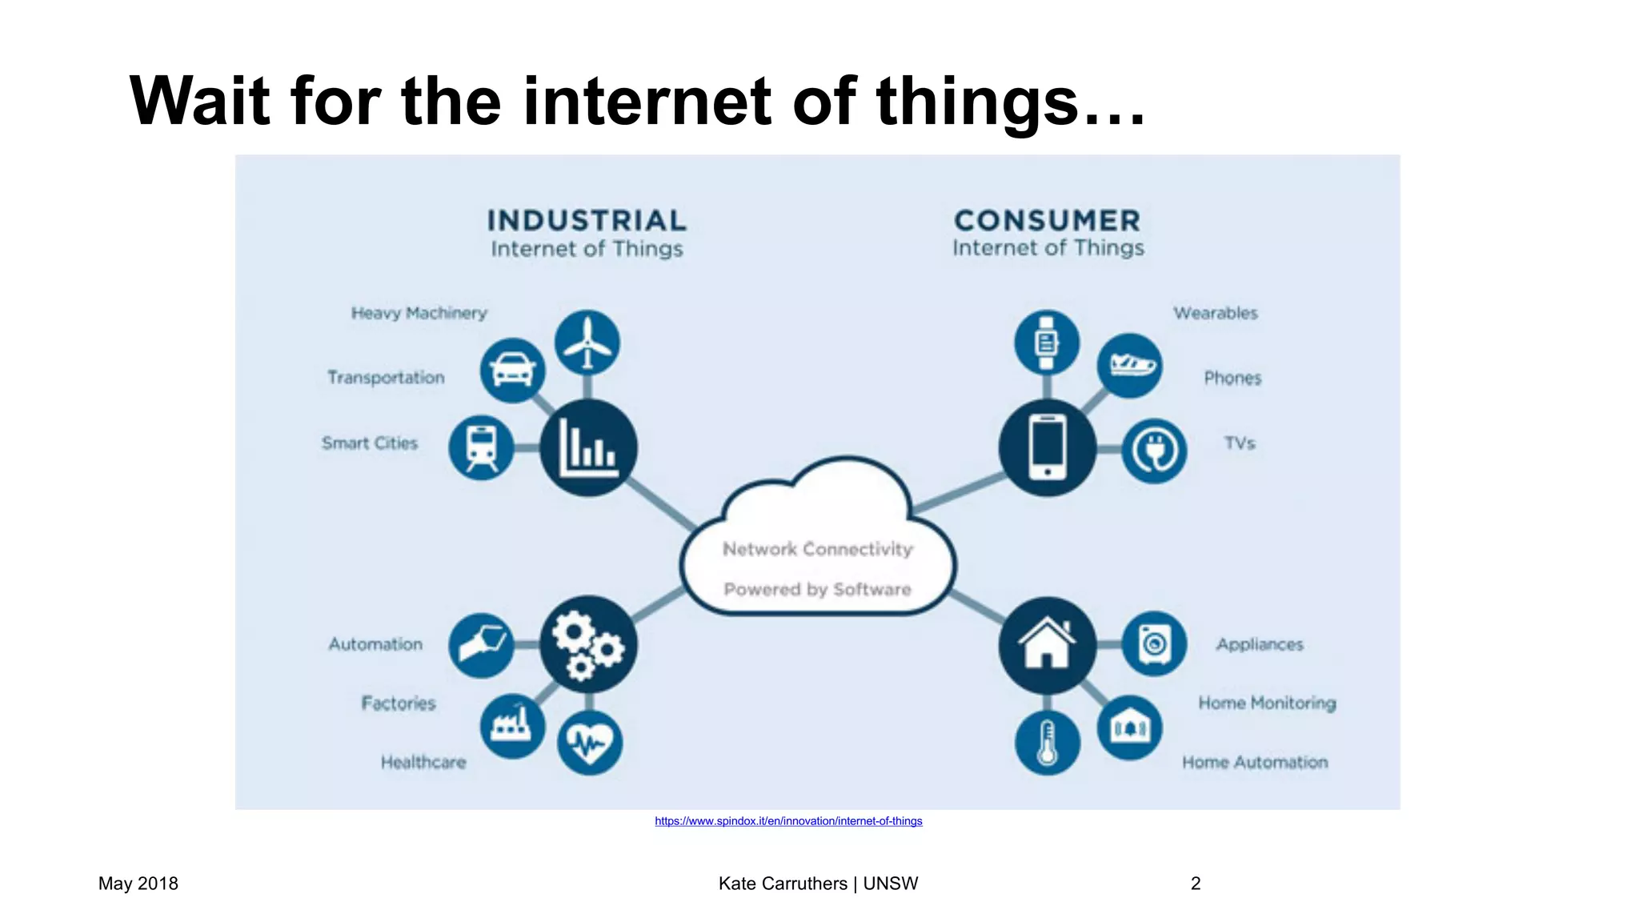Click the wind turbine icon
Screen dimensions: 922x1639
point(587,343)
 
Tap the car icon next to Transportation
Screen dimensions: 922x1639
point(512,371)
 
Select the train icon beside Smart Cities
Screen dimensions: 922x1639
point(481,447)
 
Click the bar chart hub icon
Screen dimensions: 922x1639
point(588,447)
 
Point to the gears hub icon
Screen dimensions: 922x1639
point(588,644)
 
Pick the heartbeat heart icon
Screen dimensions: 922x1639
point(590,743)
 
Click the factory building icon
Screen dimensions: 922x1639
point(512,726)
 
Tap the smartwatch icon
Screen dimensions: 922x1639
point(1047,343)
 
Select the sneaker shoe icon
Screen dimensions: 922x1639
point(1130,366)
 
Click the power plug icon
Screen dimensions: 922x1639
point(1154,451)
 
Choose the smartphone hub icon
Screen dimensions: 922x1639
point(1047,447)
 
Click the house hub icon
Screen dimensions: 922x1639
point(1047,644)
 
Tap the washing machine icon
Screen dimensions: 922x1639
point(1154,643)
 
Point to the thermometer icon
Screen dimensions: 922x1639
point(1047,743)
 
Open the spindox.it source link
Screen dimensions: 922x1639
point(788,821)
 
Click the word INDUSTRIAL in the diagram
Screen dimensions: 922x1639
point(587,221)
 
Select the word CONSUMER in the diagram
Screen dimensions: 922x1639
point(1047,221)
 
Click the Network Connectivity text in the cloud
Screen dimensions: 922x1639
point(817,549)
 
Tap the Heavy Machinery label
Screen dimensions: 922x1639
point(419,313)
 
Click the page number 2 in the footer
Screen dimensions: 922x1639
point(1196,884)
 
